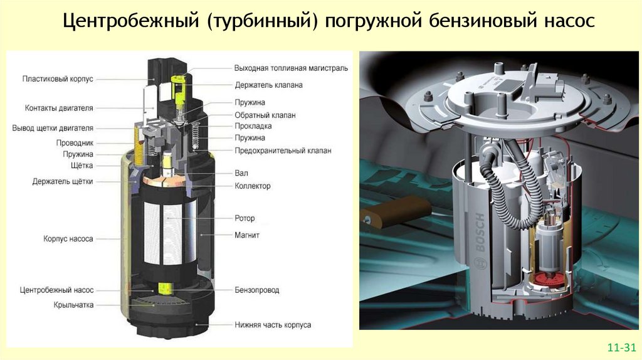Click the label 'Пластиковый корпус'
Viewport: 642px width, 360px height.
[x=58, y=79]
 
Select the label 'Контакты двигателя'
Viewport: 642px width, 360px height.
[x=59, y=108]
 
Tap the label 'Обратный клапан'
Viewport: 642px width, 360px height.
[x=265, y=115]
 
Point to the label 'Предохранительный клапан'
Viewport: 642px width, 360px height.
[x=283, y=151]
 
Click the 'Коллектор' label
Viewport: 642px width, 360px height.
[x=253, y=186]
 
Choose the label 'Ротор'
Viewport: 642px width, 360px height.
[x=245, y=218]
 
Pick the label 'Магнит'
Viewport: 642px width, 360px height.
[x=247, y=235]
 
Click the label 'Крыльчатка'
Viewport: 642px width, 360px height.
[x=73, y=305]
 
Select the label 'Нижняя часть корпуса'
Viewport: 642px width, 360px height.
[x=273, y=325]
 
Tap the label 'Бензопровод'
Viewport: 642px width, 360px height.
[x=256, y=290]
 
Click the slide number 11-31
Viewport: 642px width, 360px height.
[x=621, y=347]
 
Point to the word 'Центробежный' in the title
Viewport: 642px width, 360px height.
[x=131, y=21]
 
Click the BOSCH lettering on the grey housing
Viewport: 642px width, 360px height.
[x=480, y=233]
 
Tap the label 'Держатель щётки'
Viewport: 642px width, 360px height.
[x=63, y=181]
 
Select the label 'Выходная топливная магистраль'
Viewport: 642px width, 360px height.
[x=291, y=68]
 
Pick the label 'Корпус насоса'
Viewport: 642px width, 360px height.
[x=68, y=238]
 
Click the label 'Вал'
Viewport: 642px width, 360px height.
[x=241, y=173]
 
